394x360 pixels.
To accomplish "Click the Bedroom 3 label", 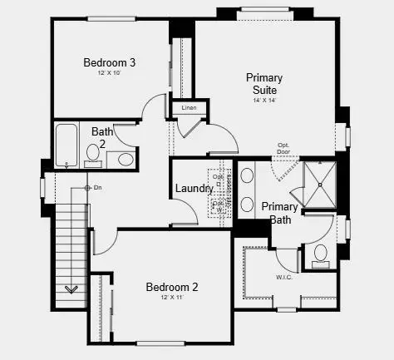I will pyautogui.click(x=109, y=62).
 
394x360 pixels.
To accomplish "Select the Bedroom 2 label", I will pyautogui.click(x=172, y=288).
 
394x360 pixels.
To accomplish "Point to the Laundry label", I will pyautogui.click(x=194, y=189).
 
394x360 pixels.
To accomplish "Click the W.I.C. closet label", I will pyautogui.click(x=283, y=277).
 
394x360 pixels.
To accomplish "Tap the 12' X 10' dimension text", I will pyautogui.click(x=109, y=74).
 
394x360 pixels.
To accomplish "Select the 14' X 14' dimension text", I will pyautogui.click(x=265, y=100).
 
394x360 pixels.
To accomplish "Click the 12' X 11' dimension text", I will pyautogui.click(x=172, y=298).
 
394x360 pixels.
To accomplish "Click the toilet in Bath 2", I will pyautogui.click(x=126, y=158).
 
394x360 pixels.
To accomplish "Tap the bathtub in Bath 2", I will pyautogui.click(x=67, y=145).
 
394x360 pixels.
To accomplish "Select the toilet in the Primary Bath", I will pyautogui.click(x=321, y=254).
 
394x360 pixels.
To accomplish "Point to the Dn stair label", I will pyautogui.click(x=97, y=188).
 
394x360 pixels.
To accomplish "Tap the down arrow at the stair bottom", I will pyautogui.click(x=71, y=289).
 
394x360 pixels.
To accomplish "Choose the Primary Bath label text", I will pyautogui.click(x=278, y=213).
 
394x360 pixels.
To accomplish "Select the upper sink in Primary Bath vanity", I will pyautogui.click(x=247, y=176).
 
